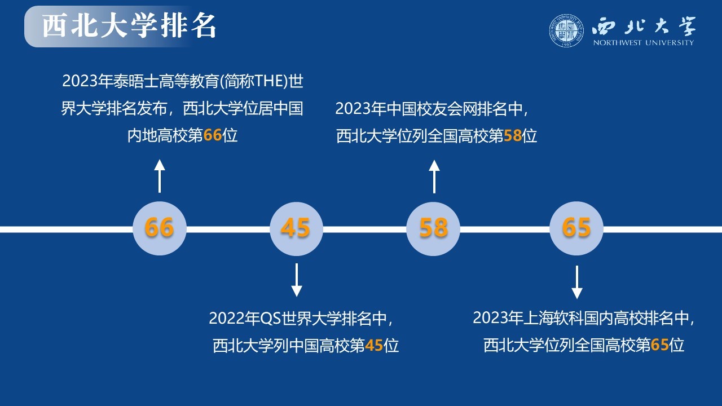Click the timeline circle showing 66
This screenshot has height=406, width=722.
click(x=160, y=228)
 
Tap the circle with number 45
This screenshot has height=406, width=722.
click(x=296, y=229)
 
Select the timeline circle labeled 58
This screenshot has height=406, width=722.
click(x=433, y=229)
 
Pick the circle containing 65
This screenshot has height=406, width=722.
click(x=576, y=228)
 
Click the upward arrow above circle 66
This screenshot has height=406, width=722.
click(x=160, y=176)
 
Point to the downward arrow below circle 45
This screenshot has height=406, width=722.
click(x=297, y=280)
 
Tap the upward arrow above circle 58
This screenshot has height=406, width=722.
click(x=434, y=176)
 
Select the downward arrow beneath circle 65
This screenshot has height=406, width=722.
click(x=577, y=283)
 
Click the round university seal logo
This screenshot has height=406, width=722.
click(x=566, y=30)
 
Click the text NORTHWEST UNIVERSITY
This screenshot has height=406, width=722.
click(x=644, y=42)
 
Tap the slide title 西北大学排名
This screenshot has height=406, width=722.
click(x=129, y=27)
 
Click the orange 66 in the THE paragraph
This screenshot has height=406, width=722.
click(x=213, y=135)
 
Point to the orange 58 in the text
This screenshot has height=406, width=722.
click(x=513, y=136)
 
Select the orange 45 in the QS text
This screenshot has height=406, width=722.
click(x=374, y=346)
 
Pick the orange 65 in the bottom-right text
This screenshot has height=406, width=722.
click(x=659, y=345)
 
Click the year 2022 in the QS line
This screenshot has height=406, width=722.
click(x=227, y=319)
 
